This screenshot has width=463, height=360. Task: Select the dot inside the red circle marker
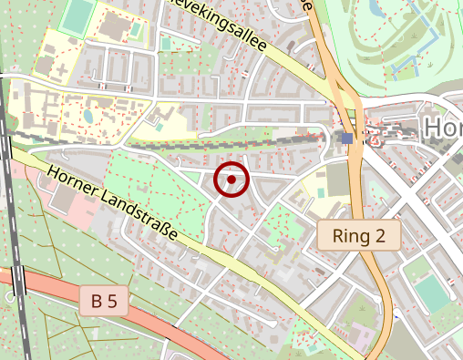tap(231, 180)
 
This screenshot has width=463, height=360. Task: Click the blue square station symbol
tap(347, 138)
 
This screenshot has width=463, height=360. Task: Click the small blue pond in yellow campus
tap(88, 116)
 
